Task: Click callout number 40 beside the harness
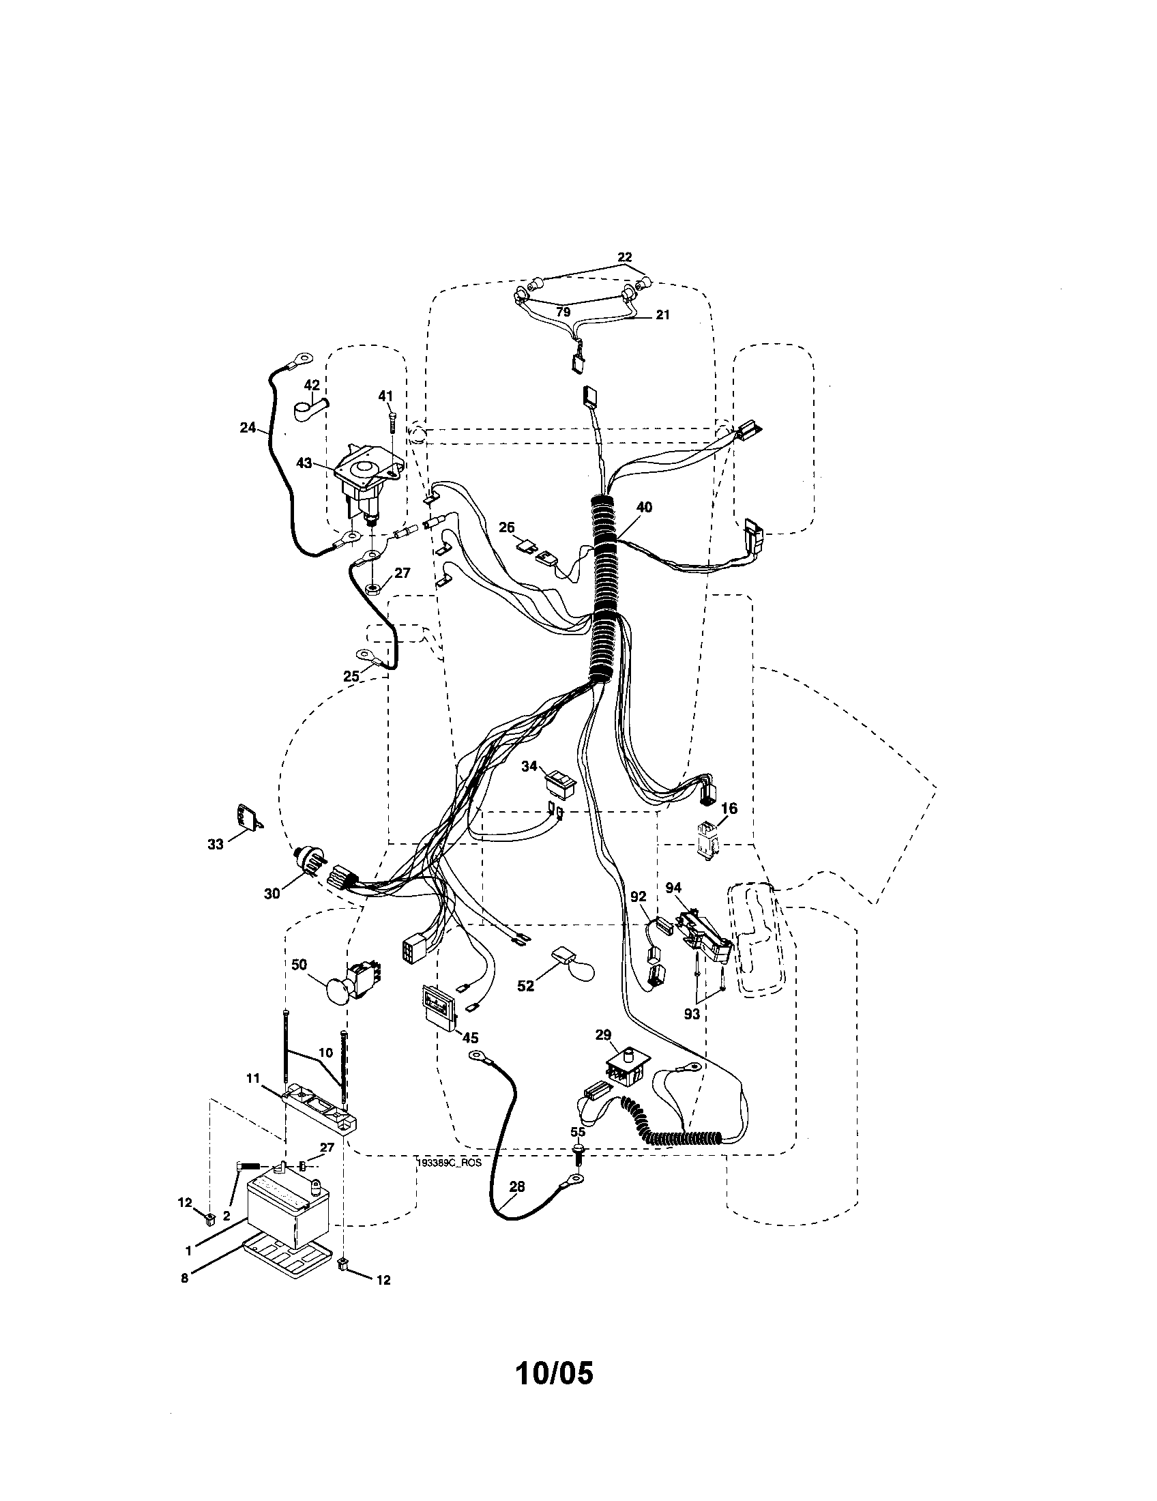click(x=644, y=507)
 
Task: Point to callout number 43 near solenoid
click(x=304, y=463)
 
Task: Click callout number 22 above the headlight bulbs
click(x=624, y=257)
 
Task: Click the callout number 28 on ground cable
click(x=516, y=1186)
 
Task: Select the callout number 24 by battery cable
click(x=248, y=428)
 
